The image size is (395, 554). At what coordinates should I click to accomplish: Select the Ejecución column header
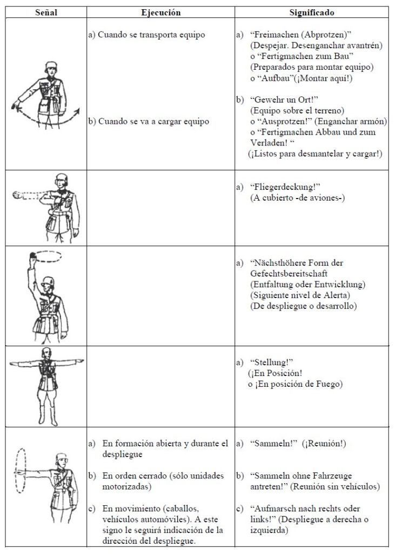[x=160, y=12]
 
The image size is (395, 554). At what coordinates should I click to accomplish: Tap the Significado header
[x=312, y=12]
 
